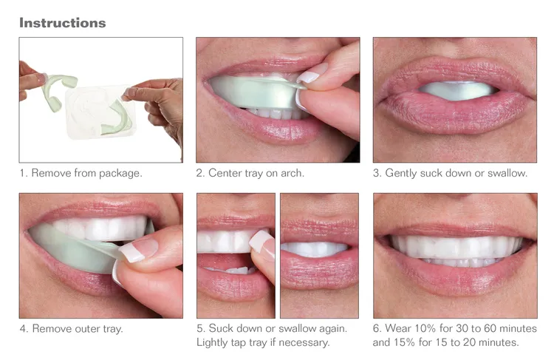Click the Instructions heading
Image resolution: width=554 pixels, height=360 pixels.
(x=62, y=22)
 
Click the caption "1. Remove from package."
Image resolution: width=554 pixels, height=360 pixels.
(x=81, y=174)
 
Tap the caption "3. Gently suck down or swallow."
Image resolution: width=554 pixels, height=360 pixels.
(x=450, y=174)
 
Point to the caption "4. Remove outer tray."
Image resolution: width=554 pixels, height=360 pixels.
(x=72, y=328)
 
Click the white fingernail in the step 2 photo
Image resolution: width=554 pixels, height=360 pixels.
(x=309, y=75)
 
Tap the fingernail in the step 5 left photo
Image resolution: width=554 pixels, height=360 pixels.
(x=260, y=242)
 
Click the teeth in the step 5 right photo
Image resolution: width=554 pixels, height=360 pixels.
(x=318, y=250)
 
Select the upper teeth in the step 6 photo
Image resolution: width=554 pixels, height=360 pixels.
(x=454, y=246)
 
